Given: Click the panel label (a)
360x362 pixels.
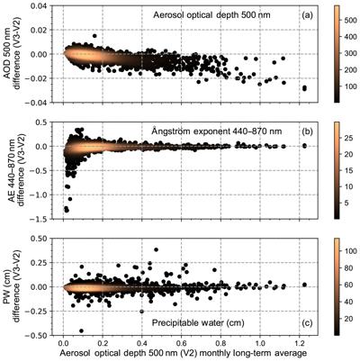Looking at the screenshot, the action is tap(307, 15).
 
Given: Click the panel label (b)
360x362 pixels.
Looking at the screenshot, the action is tap(307, 131).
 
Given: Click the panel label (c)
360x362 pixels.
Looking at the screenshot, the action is tap(307, 323).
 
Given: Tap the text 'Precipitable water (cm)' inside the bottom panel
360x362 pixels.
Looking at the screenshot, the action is tap(198, 323).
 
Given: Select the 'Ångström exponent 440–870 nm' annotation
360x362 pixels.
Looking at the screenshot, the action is tap(217, 131).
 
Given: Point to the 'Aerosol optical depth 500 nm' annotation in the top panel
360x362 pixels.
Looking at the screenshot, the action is tap(211, 15).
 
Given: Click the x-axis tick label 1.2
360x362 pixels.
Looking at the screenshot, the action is tap(299, 343).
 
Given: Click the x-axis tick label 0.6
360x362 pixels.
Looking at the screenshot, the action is tap(181, 343).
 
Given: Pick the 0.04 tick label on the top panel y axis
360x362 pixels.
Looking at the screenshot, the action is tap(40, 5).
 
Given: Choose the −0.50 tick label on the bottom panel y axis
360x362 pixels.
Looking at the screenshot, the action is tap(36, 335).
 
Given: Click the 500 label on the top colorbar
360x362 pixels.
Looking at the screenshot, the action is tap(348, 21).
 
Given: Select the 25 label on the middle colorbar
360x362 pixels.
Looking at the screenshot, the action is tap(346, 138).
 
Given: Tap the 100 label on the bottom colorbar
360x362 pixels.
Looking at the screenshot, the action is tap(348, 251).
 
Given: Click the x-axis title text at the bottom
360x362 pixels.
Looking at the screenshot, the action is tap(183, 353).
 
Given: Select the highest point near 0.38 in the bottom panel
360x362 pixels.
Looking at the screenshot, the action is tap(156, 249).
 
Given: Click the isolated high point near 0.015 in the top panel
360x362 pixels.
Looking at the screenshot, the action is tap(94, 36).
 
